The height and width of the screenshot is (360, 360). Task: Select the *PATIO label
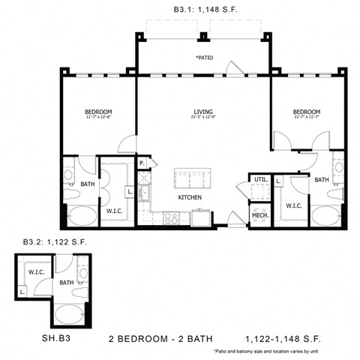click(x=203, y=57)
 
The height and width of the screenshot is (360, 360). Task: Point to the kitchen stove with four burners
click(x=170, y=218)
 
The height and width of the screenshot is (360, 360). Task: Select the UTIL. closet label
click(x=261, y=180)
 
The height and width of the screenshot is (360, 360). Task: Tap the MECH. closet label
click(x=260, y=214)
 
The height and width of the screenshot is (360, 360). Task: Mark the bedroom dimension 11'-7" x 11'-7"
click(x=307, y=118)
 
